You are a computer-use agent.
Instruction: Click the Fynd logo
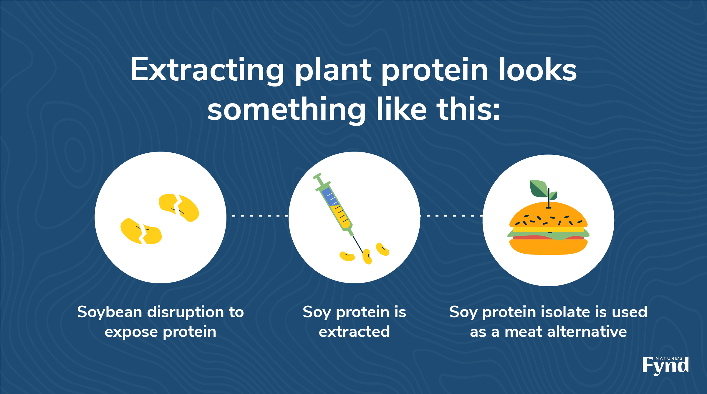pos(665,366)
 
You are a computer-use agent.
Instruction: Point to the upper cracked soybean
pos(179,207)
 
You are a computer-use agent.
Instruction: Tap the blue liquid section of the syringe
pos(329,197)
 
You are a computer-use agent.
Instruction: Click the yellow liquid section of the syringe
pos(340,217)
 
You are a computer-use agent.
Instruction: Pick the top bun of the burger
pos(548,215)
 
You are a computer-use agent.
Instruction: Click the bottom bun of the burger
pos(548,247)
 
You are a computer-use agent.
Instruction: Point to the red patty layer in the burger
pos(548,237)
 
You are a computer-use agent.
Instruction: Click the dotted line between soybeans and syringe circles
pos(260,216)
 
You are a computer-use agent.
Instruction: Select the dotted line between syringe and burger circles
pos(451,216)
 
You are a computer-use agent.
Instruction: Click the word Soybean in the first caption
pos(110,312)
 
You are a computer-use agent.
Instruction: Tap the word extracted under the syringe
pos(354,332)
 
